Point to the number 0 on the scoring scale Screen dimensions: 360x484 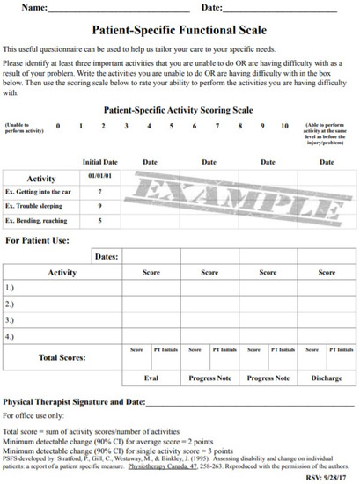(x=57, y=126)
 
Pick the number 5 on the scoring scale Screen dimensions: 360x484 (x=171, y=126)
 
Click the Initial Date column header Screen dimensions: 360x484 (x=100, y=162)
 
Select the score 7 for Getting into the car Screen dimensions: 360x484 (x=100, y=191)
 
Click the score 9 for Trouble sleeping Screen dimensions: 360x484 (x=100, y=206)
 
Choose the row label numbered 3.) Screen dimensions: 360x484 (x=11, y=320)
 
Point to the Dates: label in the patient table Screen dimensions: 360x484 (x=105, y=256)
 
